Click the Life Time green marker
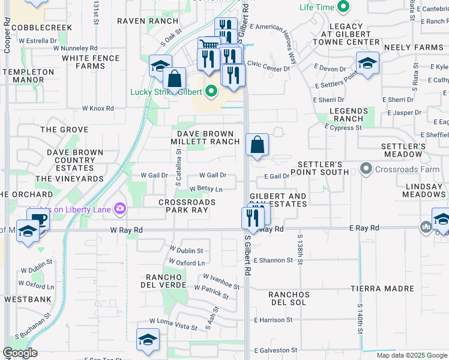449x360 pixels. pyautogui.click(x=343, y=7)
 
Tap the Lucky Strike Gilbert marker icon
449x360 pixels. pyautogui.click(x=211, y=92)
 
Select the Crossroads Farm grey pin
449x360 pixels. pyautogui.click(x=366, y=169)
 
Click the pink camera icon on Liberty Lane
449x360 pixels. pyautogui.click(x=121, y=208)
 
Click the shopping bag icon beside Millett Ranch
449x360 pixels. pyautogui.click(x=257, y=145)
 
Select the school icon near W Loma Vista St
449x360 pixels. pyautogui.click(x=148, y=340)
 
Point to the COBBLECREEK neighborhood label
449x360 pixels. pyautogui.click(x=41, y=28)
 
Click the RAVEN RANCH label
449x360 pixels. pyautogui.click(x=140, y=20)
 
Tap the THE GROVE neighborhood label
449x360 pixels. pyautogui.click(x=64, y=130)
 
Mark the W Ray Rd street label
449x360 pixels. pyautogui.click(x=126, y=230)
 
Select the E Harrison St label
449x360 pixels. pyautogui.click(x=273, y=320)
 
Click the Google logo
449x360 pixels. pyautogui.click(x=20, y=353)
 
